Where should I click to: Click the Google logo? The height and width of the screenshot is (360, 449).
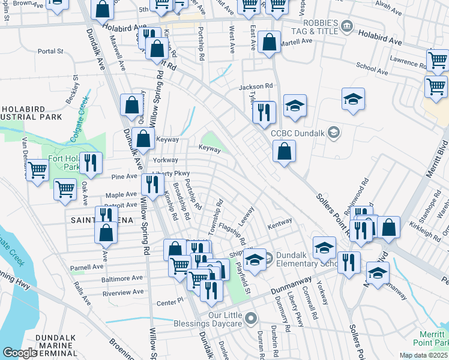20,353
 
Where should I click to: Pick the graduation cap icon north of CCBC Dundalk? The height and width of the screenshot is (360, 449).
354,100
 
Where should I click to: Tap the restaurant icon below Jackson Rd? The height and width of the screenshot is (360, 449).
264,112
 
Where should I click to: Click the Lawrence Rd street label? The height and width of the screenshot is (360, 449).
406,62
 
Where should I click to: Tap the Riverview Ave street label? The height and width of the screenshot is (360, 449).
122,292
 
